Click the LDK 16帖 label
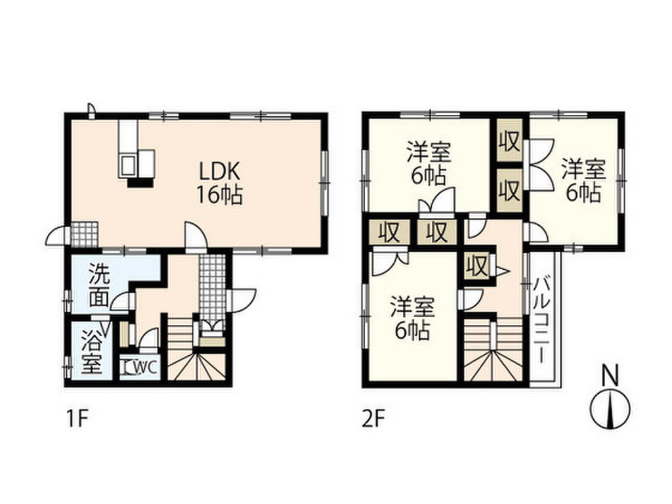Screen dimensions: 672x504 [x=219, y=183]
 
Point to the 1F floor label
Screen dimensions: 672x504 [x=77, y=418]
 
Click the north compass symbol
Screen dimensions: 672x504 [x=610, y=409]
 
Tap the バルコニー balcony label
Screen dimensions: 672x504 [x=542, y=320]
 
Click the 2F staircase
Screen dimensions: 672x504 [x=493, y=349]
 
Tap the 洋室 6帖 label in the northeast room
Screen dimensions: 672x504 [x=583, y=180]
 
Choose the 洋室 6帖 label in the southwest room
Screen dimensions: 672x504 [x=412, y=318]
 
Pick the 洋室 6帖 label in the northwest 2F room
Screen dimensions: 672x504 [x=429, y=163]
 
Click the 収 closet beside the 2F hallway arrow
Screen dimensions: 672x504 [x=477, y=266]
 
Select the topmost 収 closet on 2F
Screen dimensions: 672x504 [x=509, y=142]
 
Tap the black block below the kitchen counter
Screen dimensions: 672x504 [x=140, y=182]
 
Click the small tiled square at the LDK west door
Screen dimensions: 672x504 [x=85, y=234]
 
